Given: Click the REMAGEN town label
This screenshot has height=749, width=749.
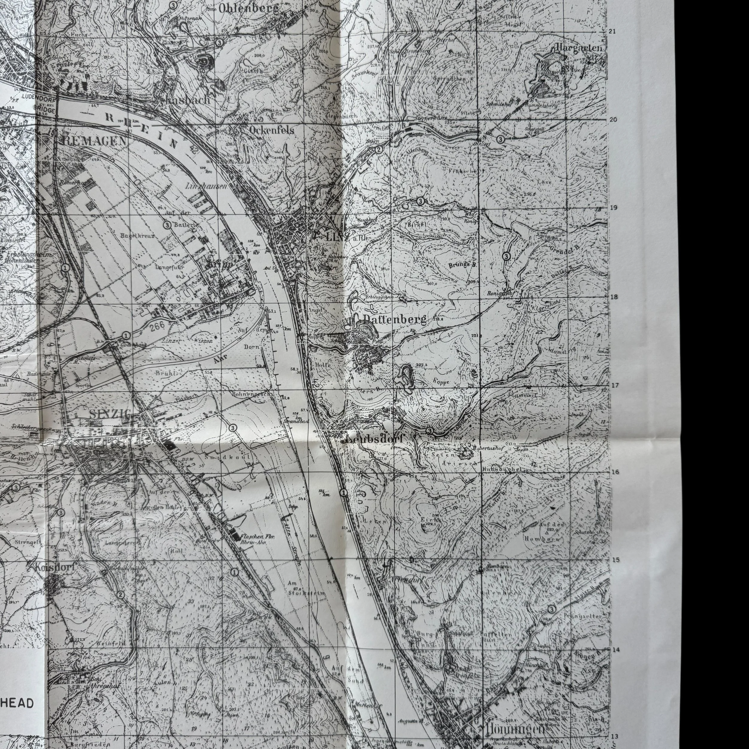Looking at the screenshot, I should point(94,141).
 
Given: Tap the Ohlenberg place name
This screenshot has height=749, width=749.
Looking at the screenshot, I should point(248,8).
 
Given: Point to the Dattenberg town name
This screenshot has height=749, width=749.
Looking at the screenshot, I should point(395,319).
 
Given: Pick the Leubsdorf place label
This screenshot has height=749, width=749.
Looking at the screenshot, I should point(374,439).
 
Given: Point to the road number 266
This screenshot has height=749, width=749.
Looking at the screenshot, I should point(157,326).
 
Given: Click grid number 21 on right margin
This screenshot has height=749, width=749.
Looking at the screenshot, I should point(613,31).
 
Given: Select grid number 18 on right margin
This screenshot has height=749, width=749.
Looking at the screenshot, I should point(613,297).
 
